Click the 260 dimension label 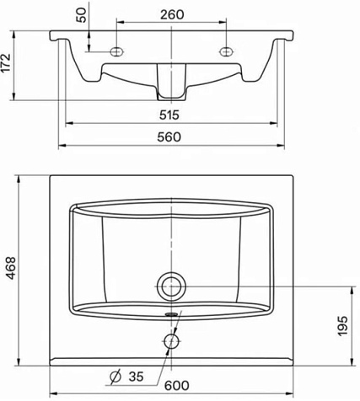pyautogui.click(x=172, y=14)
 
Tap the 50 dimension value pyautogui.click(x=82, y=15)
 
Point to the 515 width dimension pyautogui.click(x=169, y=115)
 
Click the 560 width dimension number pyautogui.click(x=169, y=137)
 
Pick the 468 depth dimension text pyautogui.click(x=11, y=268)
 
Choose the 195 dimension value pyautogui.click(x=342, y=326)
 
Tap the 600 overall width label pyautogui.click(x=176, y=386)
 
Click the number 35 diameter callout pyautogui.click(x=136, y=377)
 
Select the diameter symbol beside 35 pyautogui.click(x=116, y=377)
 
